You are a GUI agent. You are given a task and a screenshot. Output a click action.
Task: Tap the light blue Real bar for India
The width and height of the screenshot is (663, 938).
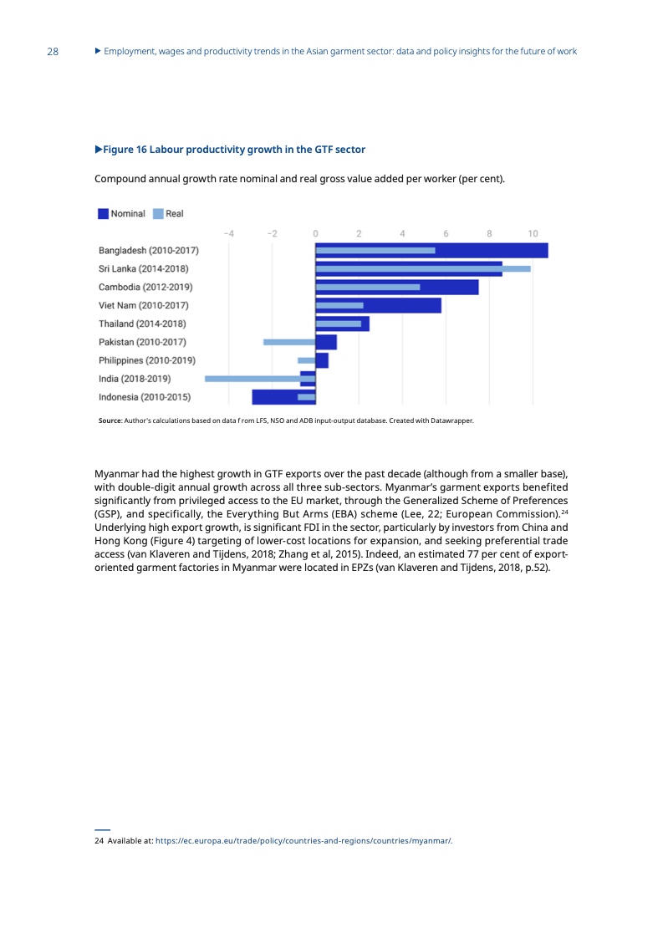(251, 379)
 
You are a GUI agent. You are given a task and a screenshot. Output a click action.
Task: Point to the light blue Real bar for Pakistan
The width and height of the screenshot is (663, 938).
(288, 342)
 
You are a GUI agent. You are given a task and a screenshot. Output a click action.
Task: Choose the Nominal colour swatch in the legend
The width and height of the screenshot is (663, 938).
(103, 214)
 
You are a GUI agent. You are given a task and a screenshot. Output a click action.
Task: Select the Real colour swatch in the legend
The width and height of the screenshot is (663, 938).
(158, 214)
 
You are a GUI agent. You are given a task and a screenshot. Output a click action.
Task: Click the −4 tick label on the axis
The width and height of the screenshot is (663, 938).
(228, 232)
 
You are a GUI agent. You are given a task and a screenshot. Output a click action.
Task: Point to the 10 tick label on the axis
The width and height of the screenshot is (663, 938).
(533, 232)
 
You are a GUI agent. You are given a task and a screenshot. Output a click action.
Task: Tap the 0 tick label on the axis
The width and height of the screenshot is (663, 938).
(315, 232)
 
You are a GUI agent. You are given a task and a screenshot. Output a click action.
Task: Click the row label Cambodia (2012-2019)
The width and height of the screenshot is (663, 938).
(145, 287)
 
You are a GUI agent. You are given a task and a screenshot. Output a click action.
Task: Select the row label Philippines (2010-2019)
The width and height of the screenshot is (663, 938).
(147, 360)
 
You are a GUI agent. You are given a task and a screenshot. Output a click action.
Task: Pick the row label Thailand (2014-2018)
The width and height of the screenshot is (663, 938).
(142, 324)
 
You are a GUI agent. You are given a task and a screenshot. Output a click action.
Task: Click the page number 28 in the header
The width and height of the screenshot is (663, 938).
(53, 52)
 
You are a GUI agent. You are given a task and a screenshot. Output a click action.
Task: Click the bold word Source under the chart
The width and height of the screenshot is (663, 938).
(110, 421)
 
